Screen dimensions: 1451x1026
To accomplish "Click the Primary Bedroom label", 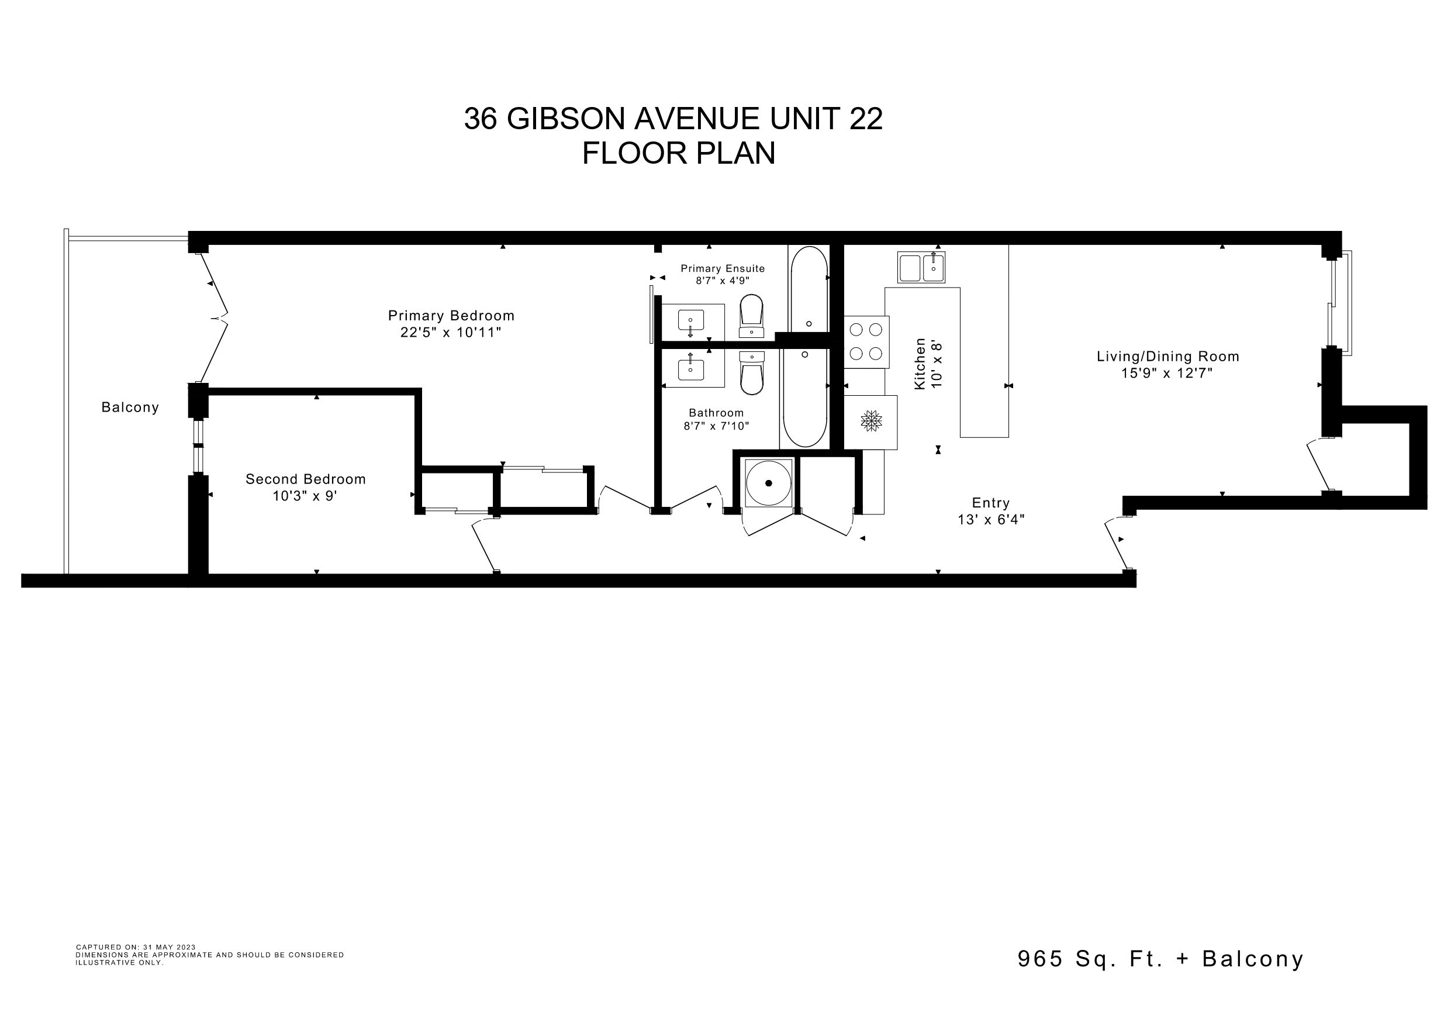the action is pos(451,316).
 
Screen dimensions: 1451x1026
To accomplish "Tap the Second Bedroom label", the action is pos(306,479).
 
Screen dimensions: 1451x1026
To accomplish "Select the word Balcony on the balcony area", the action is pos(130,407).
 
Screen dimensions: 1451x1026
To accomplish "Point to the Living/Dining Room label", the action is pos(1168,357).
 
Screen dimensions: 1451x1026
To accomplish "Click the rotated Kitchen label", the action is pos(920,364).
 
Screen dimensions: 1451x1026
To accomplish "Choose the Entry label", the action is pos(991,503).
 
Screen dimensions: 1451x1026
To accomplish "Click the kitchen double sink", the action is pos(921,267).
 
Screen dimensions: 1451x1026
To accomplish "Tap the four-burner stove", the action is pos(866,342).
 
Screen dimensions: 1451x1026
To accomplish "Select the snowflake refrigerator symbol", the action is pos(872,422).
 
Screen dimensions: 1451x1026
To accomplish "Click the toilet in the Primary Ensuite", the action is pos(751,316).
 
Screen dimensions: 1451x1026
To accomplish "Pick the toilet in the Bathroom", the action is pos(751,373).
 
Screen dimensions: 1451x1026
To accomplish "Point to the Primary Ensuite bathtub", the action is pos(809,289).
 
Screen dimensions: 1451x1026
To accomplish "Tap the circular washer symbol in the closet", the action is pos(769,483).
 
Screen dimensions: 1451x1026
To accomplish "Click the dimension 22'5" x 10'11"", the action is pos(451,333).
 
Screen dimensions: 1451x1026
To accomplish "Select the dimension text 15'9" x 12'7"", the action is pos(1167,373).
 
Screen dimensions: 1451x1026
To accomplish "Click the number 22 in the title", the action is pos(866,118).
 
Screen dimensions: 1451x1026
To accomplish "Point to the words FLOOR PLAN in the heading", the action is pos(679,153).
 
